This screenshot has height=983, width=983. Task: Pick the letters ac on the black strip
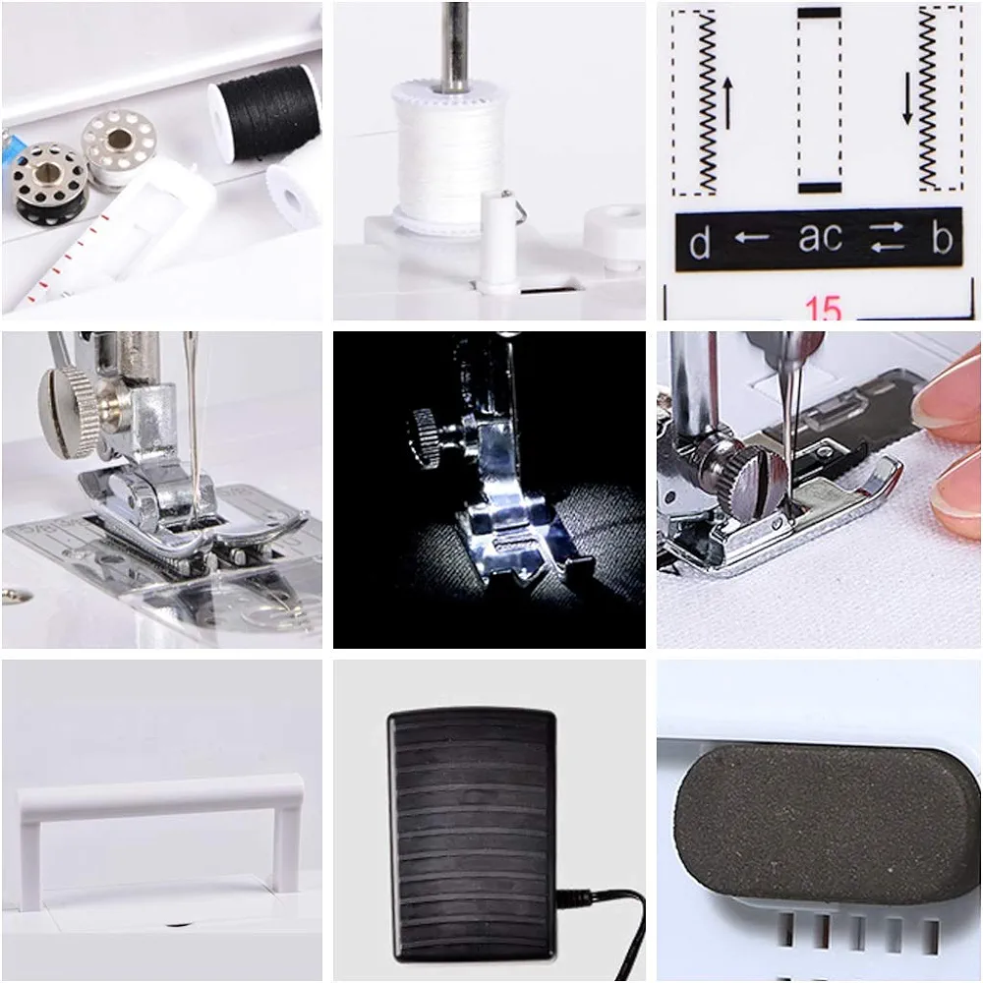tap(820, 238)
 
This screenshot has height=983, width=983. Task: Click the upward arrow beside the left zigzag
tap(727, 103)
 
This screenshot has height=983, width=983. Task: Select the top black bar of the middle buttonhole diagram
tap(819, 14)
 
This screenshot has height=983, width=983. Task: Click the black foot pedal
tap(472, 836)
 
